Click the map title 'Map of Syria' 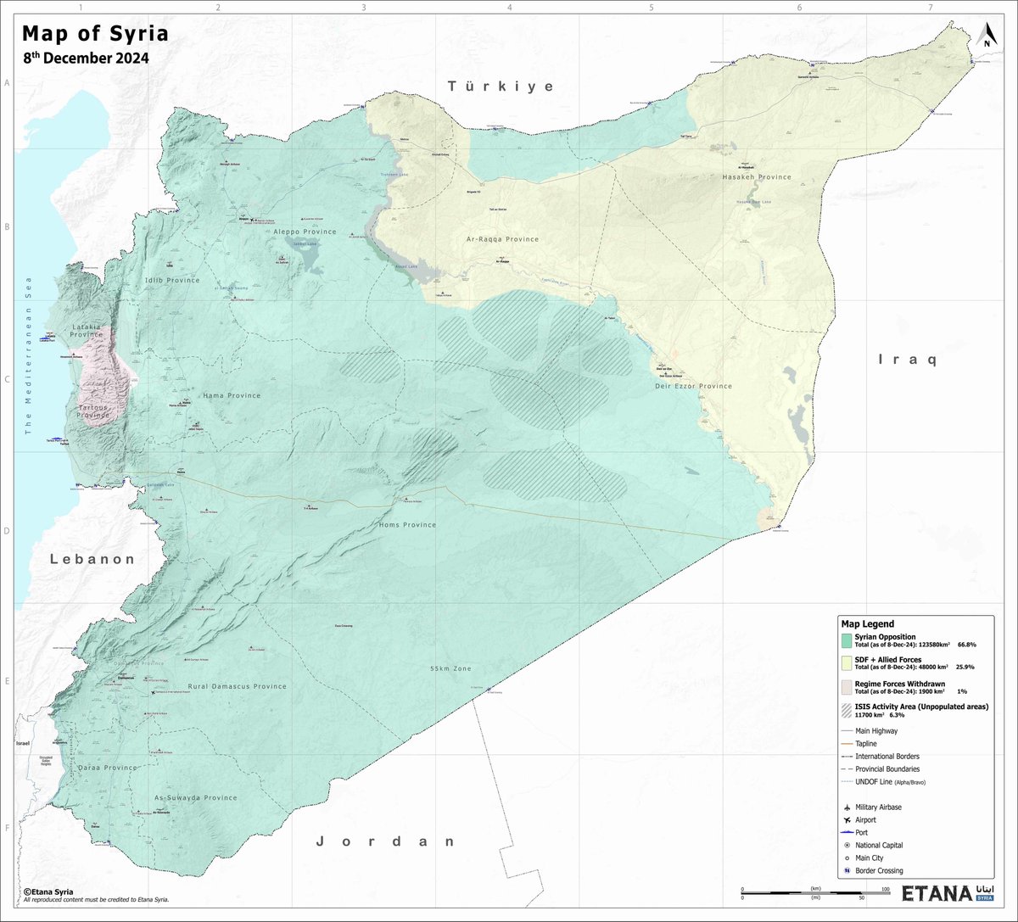tap(95, 34)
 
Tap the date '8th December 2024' tap(86, 59)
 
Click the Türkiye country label tap(501, 87)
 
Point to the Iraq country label tap(907, 360)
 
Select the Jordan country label tap(386, 841)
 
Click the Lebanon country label tap(92, 559)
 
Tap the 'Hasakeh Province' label tap(756, 177)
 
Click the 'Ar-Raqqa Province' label tap(502, 239)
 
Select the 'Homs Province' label tap(407, 525)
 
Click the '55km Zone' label tap(450, 668)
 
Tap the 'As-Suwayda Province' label tap(195, 797)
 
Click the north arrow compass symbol tap(987, 35)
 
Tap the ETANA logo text tap(937, 894)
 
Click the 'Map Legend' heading tap(867, 623)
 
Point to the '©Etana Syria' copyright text tap(50, 891)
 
